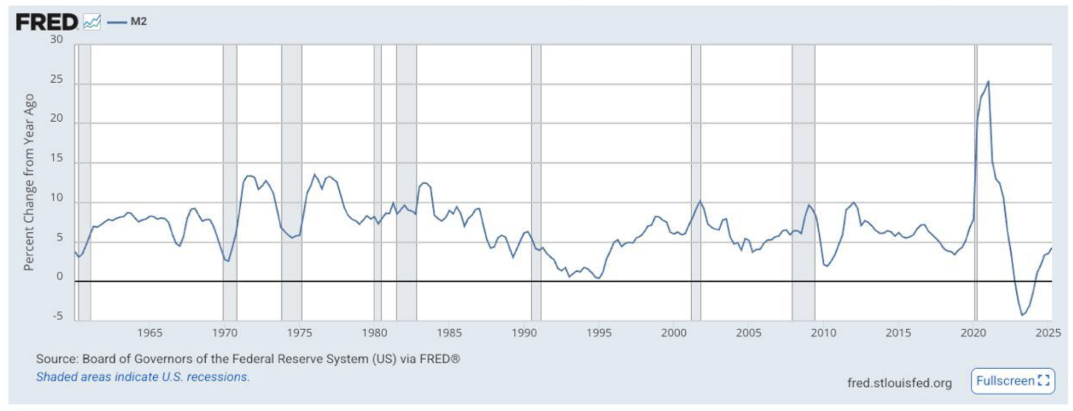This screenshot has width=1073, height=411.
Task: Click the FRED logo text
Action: pos(47,22)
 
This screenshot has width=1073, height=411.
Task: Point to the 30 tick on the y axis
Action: pos(57,39)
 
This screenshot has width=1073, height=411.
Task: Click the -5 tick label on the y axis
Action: pos(58,316)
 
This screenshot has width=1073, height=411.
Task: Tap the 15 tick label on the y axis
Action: pos(57,158)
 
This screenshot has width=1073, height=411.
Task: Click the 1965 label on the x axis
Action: pos(150,333)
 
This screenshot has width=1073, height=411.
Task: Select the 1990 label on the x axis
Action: pos(524,333)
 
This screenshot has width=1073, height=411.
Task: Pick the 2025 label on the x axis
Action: pos(1048,333)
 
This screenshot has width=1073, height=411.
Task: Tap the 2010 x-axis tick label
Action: pos(823,333)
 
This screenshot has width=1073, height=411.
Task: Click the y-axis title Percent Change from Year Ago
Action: pos(29,182)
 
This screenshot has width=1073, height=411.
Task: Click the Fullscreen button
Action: pos(1012,381)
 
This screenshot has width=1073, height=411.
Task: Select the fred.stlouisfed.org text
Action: pos(899,383)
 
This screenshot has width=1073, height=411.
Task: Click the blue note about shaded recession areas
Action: pos(143,377)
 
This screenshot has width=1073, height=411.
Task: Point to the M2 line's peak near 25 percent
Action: pos(988,82)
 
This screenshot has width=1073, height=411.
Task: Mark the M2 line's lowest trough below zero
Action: pos(1022,315)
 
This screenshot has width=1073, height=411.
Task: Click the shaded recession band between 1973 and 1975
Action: pos(291,182)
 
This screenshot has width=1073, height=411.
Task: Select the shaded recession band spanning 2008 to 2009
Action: pos(803,182)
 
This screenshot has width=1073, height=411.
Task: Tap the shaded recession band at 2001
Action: pos(696,182)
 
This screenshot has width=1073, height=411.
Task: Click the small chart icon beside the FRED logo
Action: pos(92,22)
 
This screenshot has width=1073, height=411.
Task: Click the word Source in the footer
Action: pos(57,359)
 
